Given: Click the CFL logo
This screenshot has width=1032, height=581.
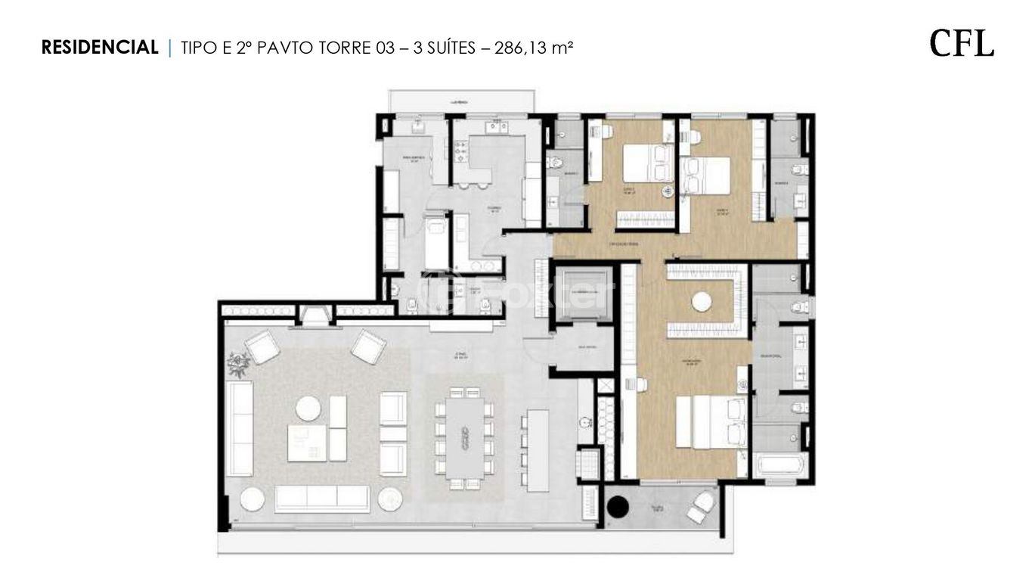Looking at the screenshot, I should pyautogui.click(x=962, y=44).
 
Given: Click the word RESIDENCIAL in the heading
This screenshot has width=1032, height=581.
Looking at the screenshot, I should pyautogui.click(x=100, y=48).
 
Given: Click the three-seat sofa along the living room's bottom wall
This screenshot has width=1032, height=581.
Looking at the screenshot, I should pyautogui.click(x=321, y=499).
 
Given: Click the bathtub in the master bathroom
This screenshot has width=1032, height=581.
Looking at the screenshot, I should pyautogui.click(x=779, y=464).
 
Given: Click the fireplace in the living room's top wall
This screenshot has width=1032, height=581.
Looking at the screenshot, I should pyautogui.click(x=313, y=312).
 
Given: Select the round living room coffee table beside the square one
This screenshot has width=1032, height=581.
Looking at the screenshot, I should pyautogui.click(x=308, y=409).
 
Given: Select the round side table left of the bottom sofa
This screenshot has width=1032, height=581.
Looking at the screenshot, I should pyautogui.click(x=253, y=500).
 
